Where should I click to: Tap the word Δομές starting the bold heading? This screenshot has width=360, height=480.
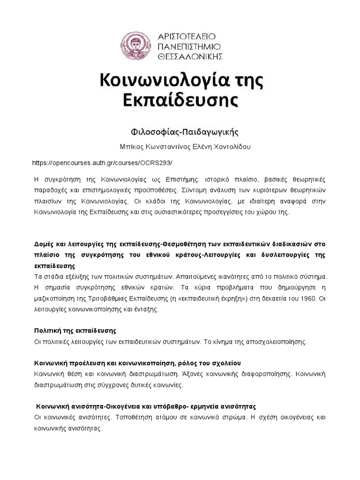45,245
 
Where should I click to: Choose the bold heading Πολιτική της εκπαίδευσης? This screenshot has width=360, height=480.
75,330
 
